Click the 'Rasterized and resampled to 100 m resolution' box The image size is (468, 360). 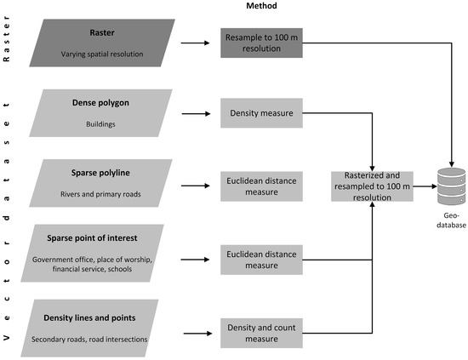click(373, 186)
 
